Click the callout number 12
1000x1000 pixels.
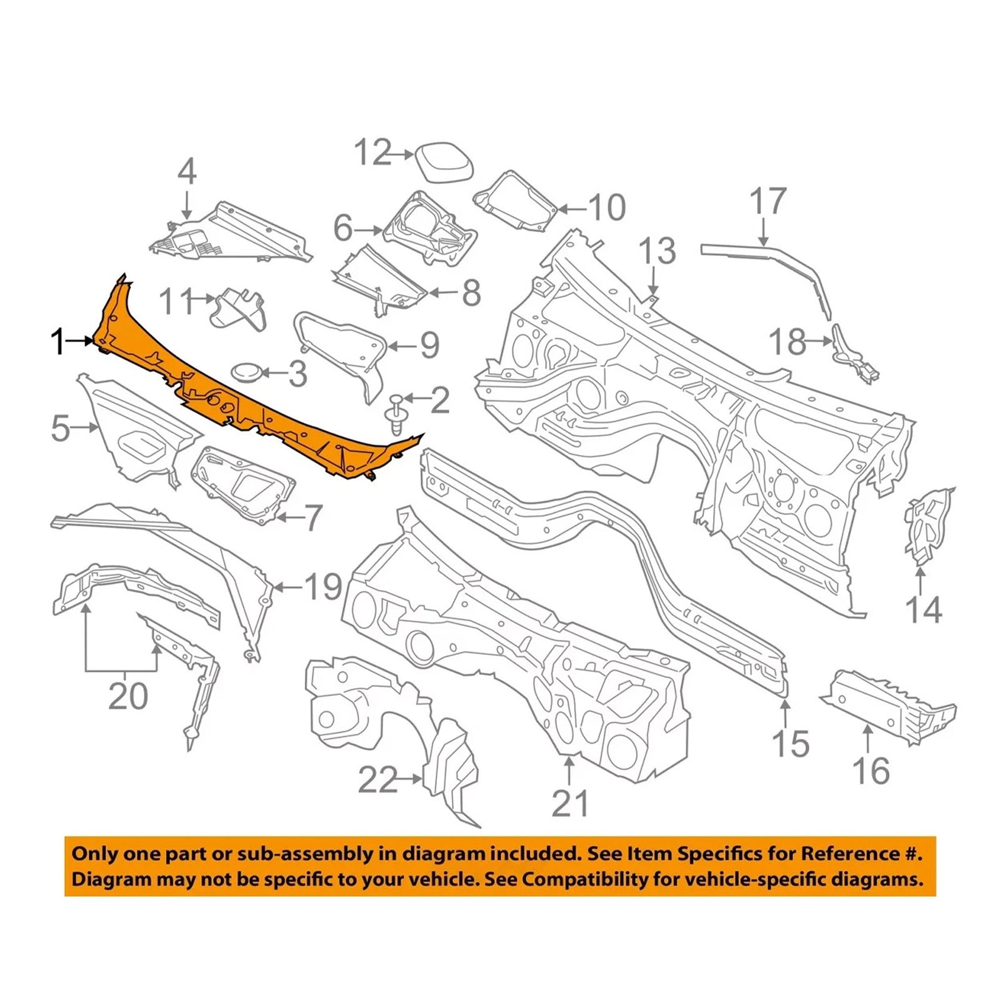373,152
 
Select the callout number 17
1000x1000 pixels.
767,201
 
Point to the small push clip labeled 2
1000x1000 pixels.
396,413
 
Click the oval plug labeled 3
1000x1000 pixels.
247,372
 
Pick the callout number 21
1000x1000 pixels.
570,803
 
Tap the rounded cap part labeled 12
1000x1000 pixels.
443,162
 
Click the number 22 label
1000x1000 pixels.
378,780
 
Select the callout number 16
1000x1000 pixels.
871,771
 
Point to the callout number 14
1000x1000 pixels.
923,609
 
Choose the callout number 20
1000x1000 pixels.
128,696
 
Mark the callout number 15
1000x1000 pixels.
791,744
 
